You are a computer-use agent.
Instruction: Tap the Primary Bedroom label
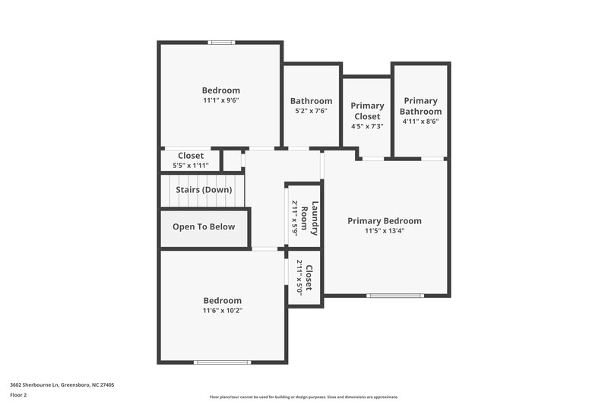click(x=384, y=221)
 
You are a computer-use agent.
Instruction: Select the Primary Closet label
click(x=367, y=111)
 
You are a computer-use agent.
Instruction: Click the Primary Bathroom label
click(x=420, y=106)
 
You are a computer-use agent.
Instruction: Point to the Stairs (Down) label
click(x=204, y=190)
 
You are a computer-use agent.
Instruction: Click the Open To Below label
click(x=204, y=226)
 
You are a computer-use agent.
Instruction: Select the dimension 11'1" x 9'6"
click(x=220, y=100)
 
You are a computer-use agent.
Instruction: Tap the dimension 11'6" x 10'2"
click(x=222, y=310)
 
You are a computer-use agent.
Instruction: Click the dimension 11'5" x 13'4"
click(x=384, y=231)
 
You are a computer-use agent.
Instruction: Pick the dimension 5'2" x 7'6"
click(x=311, y=110)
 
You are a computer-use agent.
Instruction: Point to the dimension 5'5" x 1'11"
click(x=191, y=165)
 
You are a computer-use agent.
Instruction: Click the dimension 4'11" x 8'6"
click(x=420, y=121)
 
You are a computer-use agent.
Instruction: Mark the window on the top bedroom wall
click(x=222, y=43)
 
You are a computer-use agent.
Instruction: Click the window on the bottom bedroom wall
click(x=222, y=362)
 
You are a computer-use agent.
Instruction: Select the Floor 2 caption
click(x=18, y=395)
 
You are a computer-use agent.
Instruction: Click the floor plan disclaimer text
click(x=303, y=397)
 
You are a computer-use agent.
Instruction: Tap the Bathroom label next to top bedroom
click(x=311, y=101)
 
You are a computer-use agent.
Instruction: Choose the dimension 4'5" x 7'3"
click(x=367, y=126)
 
